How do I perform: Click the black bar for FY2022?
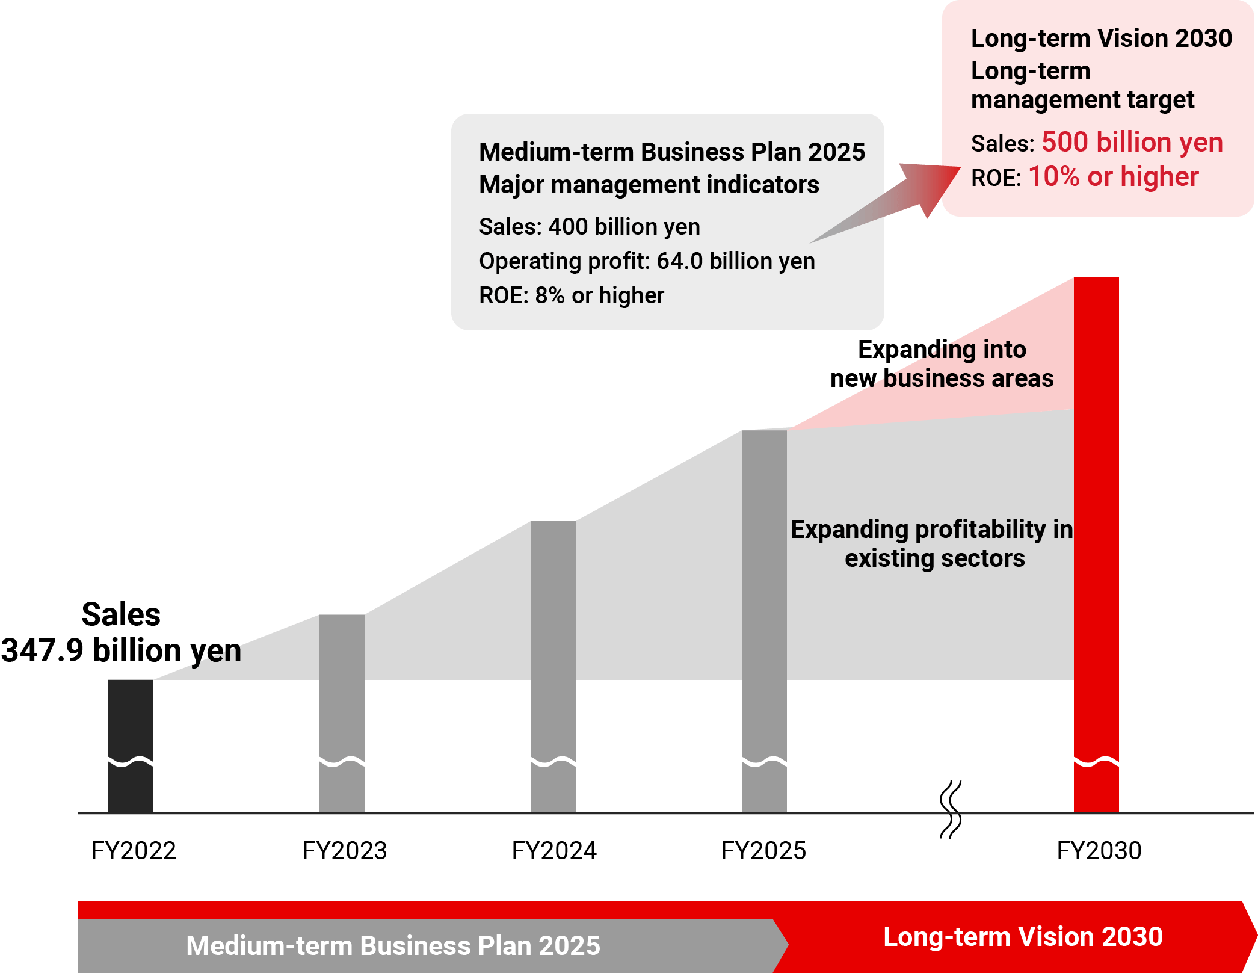click(131, 746)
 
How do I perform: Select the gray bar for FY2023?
click(342, 714)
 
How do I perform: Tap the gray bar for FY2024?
click(553, 667)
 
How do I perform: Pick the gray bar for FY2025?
click(764, 622)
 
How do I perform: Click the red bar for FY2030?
click(1096, 545)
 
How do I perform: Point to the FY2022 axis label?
click(134, 851)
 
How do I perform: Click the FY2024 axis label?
click(554, 851)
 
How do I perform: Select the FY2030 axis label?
click(1099, 851)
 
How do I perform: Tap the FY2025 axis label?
click(763, 851)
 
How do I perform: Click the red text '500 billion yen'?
click(1132, 143)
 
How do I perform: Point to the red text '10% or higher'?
click(1114, 177)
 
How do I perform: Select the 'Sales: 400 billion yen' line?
click(590, 227)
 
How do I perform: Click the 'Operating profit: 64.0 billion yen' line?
click(647, 261)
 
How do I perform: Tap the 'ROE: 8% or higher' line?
click(572, 295)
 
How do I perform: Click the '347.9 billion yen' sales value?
click(121, 650)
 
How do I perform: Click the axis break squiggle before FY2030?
click(951, 809)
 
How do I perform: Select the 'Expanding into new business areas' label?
click(942, 364)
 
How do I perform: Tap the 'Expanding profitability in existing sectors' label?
click(932, 544)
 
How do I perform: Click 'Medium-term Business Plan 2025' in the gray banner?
click(393, 945)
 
